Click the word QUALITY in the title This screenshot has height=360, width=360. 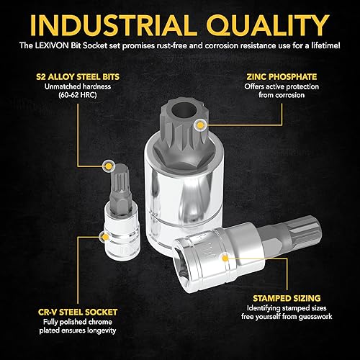click(x=268, y=25)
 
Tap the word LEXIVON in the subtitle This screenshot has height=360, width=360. click(x=52, y=45)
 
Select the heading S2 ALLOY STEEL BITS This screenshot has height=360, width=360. click(x=78, y=77)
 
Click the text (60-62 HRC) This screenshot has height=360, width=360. click(x=78, y=95)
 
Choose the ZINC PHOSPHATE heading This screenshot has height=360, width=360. click(x=282, y=77)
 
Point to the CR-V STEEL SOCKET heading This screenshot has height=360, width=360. click(x=78, y=312)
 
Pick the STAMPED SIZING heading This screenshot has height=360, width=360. click(x=287, y=298)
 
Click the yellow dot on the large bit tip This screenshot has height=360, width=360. click(x=200, y=125)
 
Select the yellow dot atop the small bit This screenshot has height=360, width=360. click(x=109, y=166)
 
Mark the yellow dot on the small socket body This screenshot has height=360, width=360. click(x=105, y=237)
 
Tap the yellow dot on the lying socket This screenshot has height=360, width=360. click(x=225, y=258)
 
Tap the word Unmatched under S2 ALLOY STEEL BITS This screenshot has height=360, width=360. click(x=61, y=86)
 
